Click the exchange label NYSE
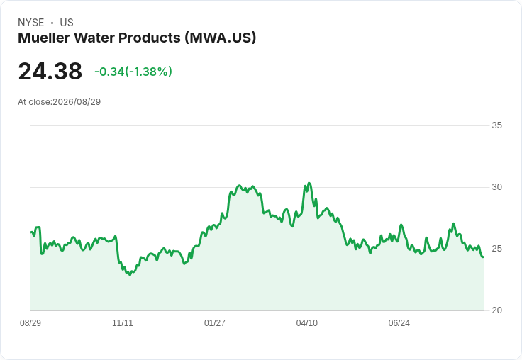tap(31, 23)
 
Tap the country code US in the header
tap(67, 23)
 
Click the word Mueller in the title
tap(44, 38)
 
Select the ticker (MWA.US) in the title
tap(221, 38)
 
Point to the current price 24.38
tap(50, 71)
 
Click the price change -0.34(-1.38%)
tap(133, 72)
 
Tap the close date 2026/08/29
tap(77, 102)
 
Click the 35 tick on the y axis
tap(496, 125)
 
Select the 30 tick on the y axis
tap(496, 187)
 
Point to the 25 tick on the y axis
tap(496, 249)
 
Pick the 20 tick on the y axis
tap(496, 310)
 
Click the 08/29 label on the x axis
tap(30, 322)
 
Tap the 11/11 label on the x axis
tap(123, 322)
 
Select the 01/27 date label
tap(215, 322)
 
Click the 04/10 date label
tap(307, 322)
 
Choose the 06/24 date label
tap(399, 322)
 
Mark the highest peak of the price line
tap(309, 183)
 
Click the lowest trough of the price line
tap(130, 274)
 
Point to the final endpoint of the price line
tap(484, 257)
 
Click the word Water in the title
tap(94, 38)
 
